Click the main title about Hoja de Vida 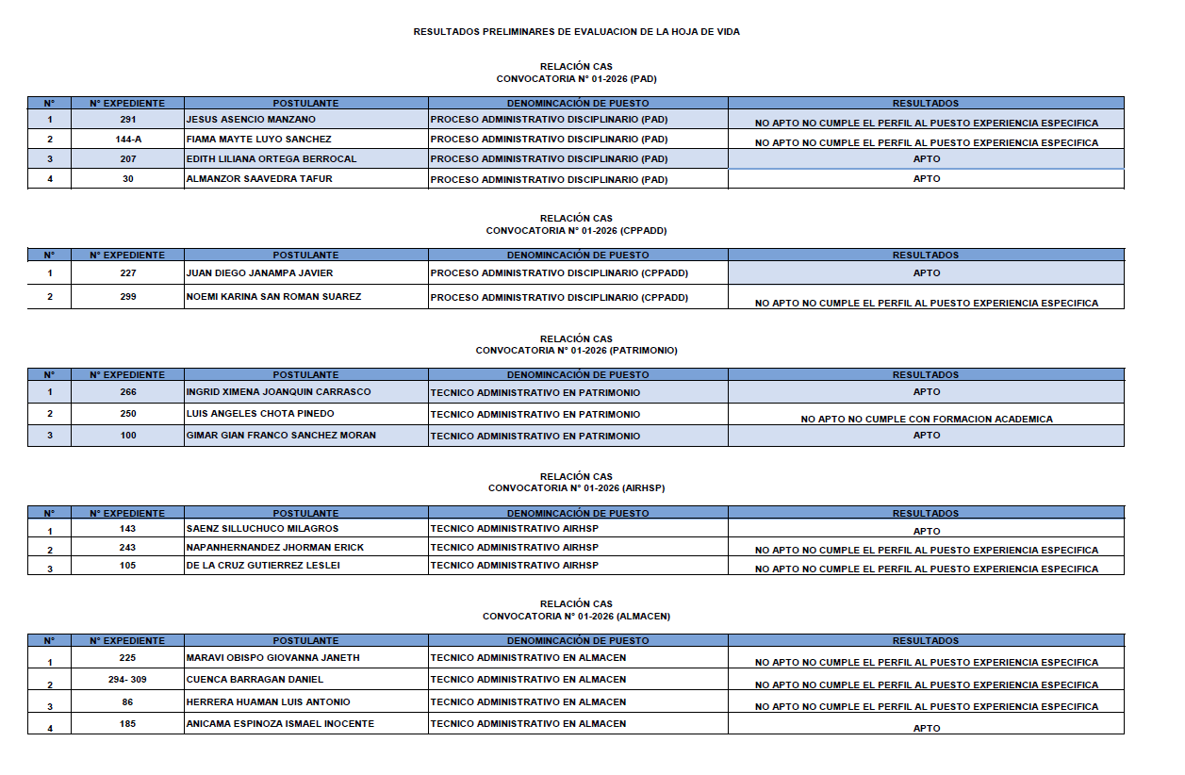pyautogui.click(x=576, y=32)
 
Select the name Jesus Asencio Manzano pyautogui.click(x=251, y=120)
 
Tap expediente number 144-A pyautogui.click(x=128, y=140)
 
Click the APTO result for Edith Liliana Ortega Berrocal pyautogui.click(x=926, y=159)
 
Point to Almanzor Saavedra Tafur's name pyautogui.click(x=258, y=179)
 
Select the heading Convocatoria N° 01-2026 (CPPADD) pyautogui.click(x=576, y=231)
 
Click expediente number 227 pyautogui.click(x=128, y=273)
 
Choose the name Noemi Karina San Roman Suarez pyautogui.click(x=273, y=297)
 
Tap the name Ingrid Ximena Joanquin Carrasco pyautogui.click(x=278, y=392)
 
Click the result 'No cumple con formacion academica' pyautogui.click(x=926, y=419)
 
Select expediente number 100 pyautogui.click(x=128, y=436)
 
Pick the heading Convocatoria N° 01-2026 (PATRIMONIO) pyautogui.click(x=576, y=351)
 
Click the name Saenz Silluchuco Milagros pyautogui.click(x=262, y=529)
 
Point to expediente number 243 pyautogui.click(x=128, y=548)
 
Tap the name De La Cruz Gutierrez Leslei pyautogui.click(x=263, y=566)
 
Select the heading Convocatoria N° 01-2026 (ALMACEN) pyautogui.click(x=576, y=617)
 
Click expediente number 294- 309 pyautogui.click(x=128, y=680)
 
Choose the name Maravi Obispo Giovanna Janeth pyautogui.click(x=272, y=658)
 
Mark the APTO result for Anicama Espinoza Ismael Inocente pyautogui.click(x=926, y=728)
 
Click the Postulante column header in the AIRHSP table pyautogui.click(x=305, y=514)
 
